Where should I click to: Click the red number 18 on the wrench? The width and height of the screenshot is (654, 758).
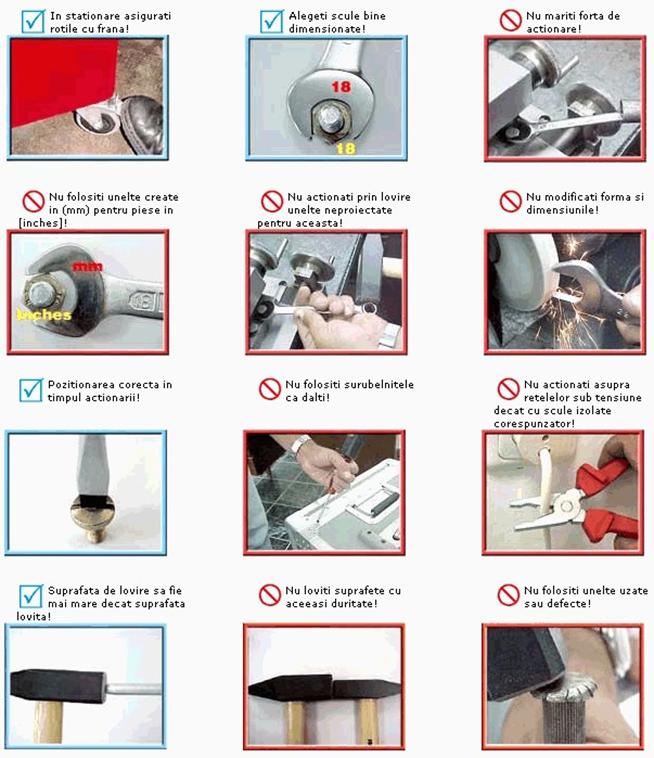click(341, 87)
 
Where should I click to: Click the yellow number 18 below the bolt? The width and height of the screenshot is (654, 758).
click(346, 148)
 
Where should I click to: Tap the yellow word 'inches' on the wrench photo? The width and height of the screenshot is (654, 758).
click(44, 315)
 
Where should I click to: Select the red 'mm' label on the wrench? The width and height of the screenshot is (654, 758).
click(87, 266)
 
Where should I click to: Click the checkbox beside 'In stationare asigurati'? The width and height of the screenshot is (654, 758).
click(33, 21)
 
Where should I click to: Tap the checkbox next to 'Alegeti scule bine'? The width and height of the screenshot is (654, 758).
click(272, 21)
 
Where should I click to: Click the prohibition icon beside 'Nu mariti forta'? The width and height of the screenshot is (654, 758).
click(510, 21)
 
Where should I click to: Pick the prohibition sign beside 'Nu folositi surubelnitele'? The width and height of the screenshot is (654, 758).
click(270, 389)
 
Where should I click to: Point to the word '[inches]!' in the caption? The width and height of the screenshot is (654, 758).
click(43, 223)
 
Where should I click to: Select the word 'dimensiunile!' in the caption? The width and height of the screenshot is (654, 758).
click(563, 210)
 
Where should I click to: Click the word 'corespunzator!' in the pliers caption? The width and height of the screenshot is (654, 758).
click(534, 424)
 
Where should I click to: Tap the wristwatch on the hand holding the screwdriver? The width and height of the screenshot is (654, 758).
click(301, 443)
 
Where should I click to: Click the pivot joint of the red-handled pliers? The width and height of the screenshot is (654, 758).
click(566, 506)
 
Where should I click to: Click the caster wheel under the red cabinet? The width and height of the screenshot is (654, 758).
click(97, 118)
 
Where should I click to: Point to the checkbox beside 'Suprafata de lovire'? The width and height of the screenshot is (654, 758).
click(31, 596)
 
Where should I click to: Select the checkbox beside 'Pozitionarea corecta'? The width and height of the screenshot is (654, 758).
click(31, 390)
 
